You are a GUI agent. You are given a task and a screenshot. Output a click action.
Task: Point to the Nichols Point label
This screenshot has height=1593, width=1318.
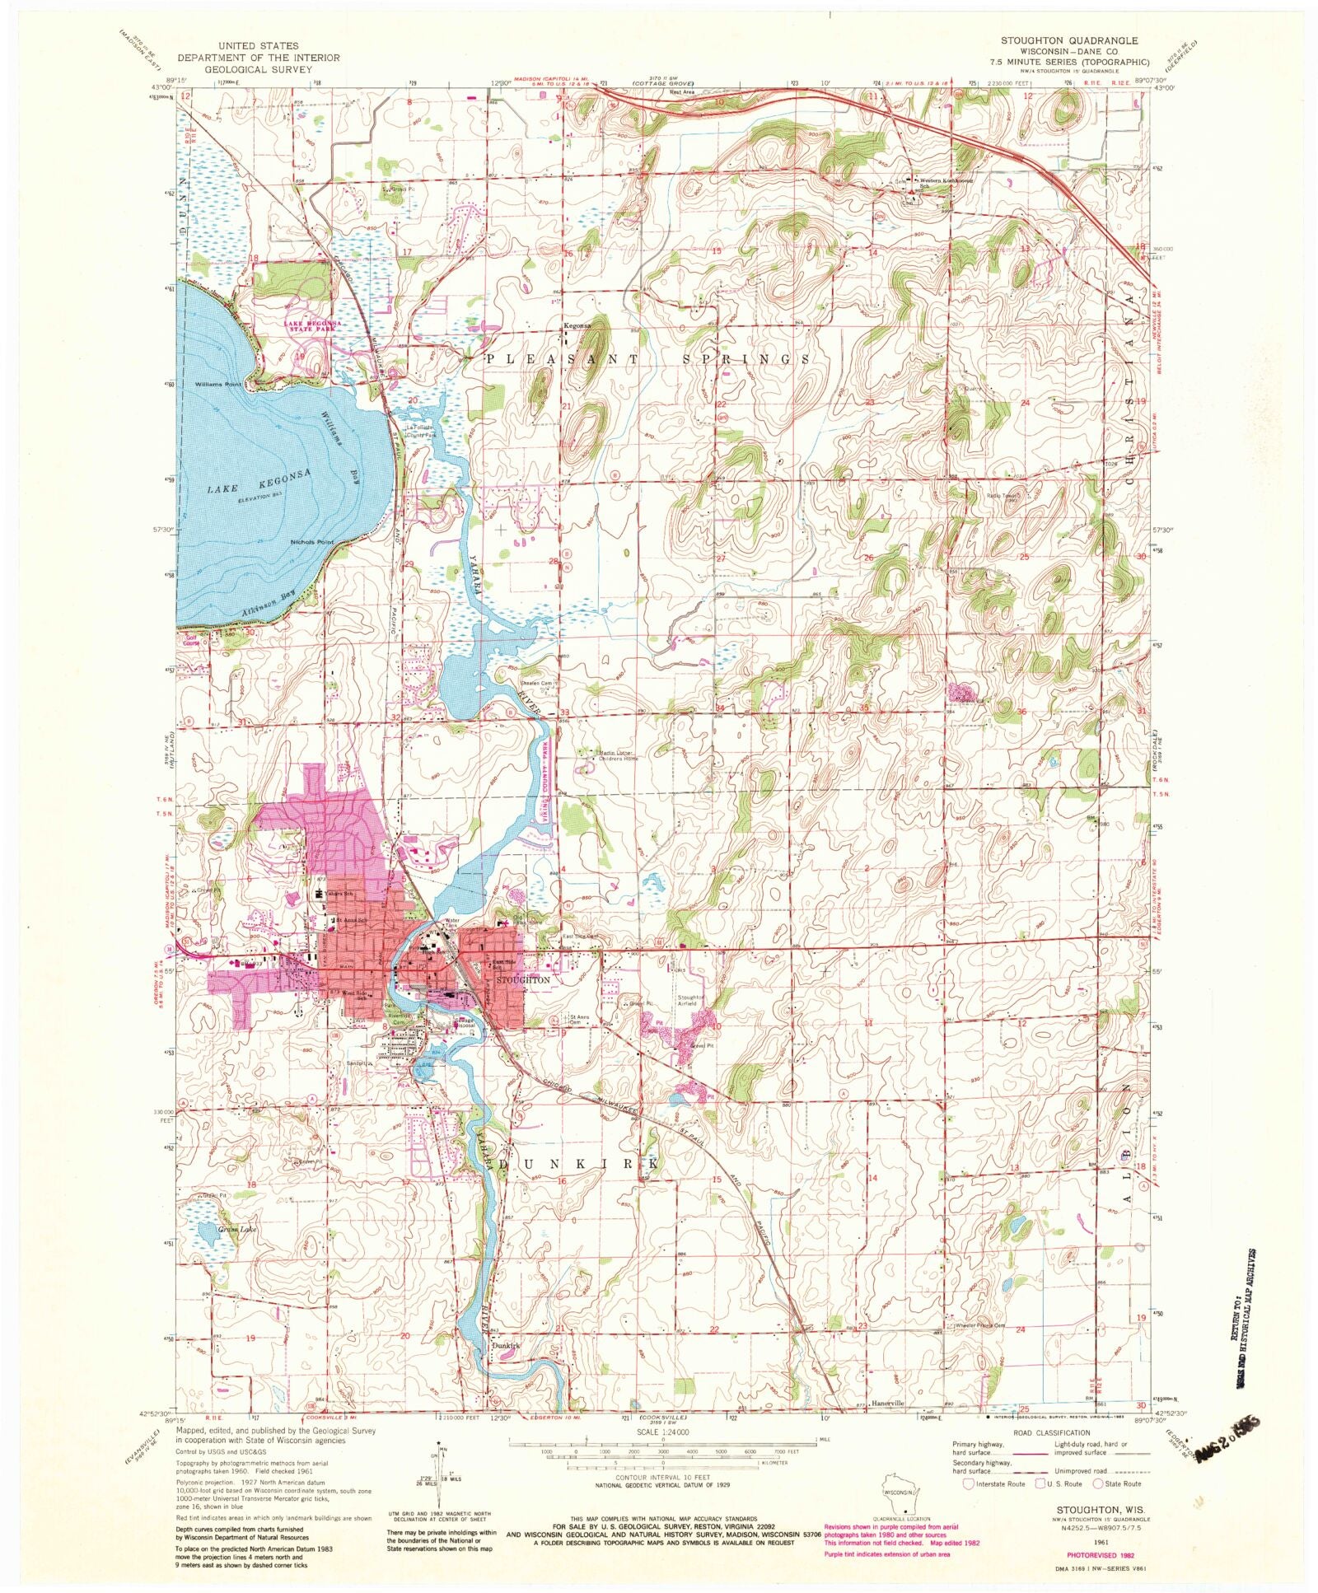(x=312, y=542)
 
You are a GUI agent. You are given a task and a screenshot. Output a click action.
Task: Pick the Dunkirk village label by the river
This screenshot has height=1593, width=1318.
(x=507, y=1346)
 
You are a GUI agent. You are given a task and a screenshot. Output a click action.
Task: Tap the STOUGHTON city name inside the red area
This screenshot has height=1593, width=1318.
(x=521, y=981)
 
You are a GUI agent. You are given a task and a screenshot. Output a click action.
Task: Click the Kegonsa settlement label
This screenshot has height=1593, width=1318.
(x=577, y=326)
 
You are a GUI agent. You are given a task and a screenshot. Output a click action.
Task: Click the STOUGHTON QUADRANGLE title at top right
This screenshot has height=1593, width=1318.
(x=1069, y=40)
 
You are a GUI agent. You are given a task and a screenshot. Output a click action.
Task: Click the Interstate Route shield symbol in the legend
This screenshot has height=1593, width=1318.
(x=967, y=1483)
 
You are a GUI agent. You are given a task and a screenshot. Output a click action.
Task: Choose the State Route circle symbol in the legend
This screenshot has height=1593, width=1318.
(x=1097, y=1483)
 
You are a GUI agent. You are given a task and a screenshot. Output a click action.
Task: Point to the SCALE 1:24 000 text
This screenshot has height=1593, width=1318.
(x=661, y=1432)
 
